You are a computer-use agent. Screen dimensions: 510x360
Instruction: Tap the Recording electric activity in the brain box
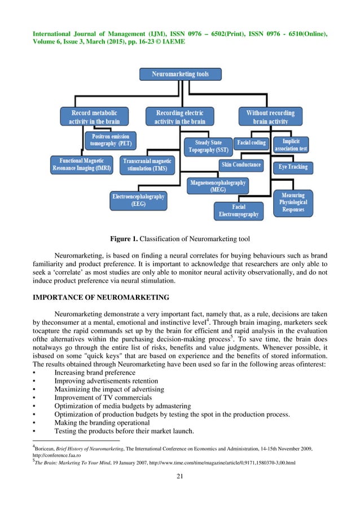tap(180, 117)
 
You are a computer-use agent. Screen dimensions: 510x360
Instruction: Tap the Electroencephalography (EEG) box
tap(138, 200)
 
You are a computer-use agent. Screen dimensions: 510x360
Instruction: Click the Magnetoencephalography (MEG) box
tap(218, 186)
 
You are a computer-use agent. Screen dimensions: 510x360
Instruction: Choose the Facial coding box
tap(251, 143)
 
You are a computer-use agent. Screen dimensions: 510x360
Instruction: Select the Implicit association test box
tap(291, 145)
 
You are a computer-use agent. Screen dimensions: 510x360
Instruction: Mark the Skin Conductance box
tap(241, 164)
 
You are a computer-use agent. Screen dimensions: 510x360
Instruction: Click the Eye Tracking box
tap(293, 167)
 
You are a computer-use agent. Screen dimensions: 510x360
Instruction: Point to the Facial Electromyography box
tap(238, 211)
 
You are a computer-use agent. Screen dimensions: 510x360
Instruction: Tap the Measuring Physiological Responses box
tap(293, 202)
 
